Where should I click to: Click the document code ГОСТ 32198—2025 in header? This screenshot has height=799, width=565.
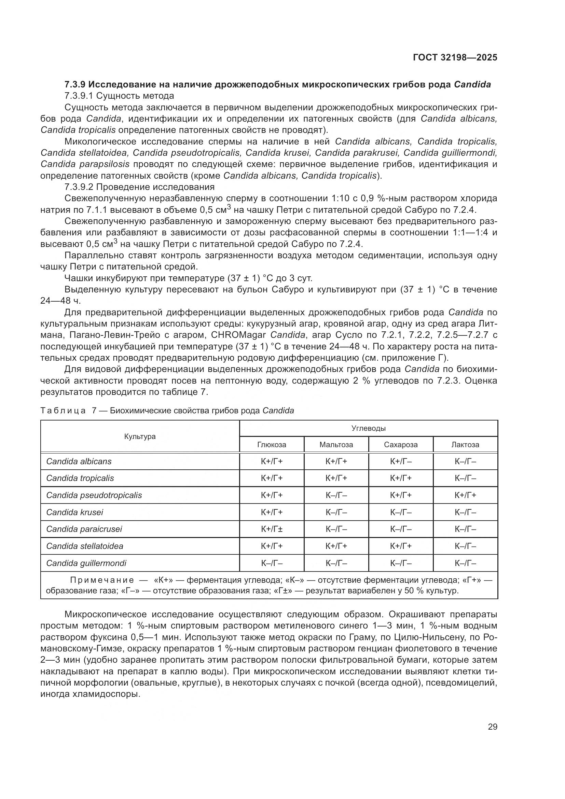click(x=455, y=57)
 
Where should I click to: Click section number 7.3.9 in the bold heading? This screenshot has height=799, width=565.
click(x=75, y=84)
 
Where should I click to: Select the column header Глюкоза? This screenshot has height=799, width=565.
click(x=272, y=444)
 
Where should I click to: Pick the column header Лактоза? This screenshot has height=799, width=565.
click(x=465, y=444)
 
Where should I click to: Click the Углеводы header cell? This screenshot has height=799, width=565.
click(x=369, y=428)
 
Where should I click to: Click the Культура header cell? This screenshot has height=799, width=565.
click(x=140, y=436)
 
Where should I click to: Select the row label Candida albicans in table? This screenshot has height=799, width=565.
click(x=79, y=462)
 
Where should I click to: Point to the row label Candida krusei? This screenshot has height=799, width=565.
click(x=75, y=512)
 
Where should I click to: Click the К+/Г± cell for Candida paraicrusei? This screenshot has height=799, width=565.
click(x=272, y=529)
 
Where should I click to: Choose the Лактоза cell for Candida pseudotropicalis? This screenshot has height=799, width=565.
click(x=465, y=495)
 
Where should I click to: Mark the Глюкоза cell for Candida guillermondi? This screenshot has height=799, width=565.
click(x=272, y=563)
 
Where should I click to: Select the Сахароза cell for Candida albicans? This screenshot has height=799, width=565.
click(x=401, y=462)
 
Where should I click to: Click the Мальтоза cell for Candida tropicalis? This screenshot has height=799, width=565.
click(x=336, y=478)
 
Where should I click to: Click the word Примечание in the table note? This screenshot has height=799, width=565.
click(x=102, y=580)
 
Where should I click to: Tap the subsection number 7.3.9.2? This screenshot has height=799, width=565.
click(x=79, y=187)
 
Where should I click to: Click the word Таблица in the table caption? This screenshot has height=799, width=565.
click(x=63, y=411)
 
